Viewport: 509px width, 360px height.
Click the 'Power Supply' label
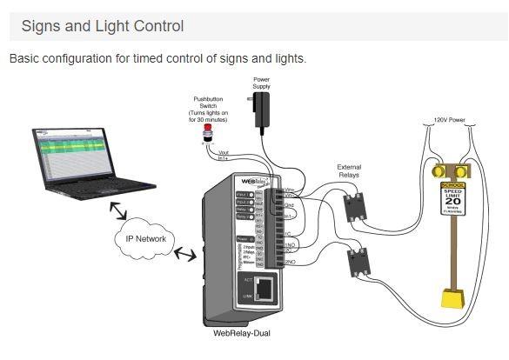pyautogui.click(x=261, y=83)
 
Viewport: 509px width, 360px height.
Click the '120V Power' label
pyautogui.click(x=452, y=119)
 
